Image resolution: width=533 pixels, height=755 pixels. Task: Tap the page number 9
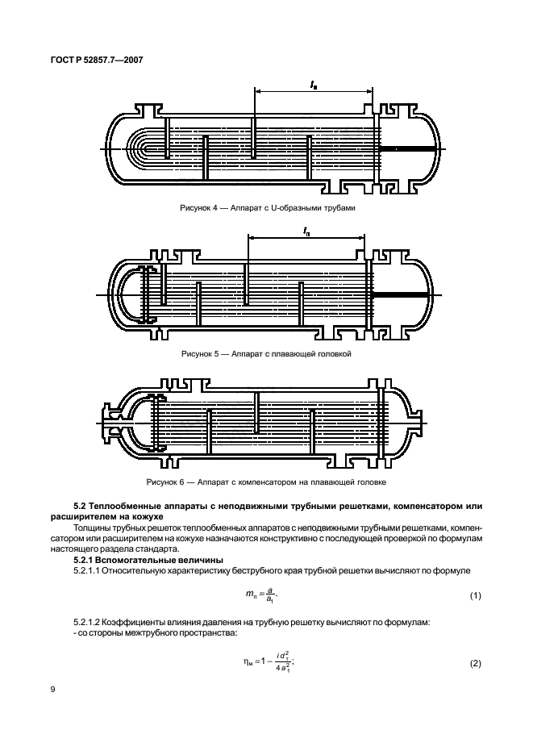pos(55,691)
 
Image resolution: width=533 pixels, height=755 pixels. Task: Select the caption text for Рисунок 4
pos(267,207)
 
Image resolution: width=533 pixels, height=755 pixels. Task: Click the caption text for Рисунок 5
pos(267,353)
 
